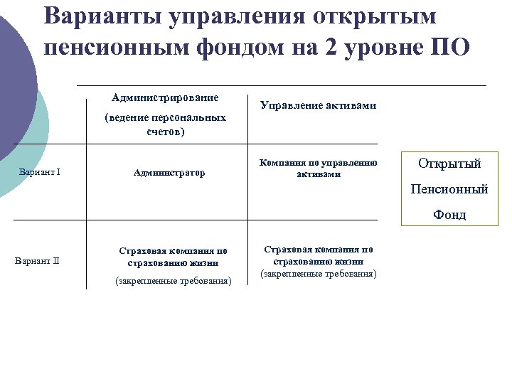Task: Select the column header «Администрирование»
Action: [x=165, y=97]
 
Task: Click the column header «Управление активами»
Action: [x=318, y=106]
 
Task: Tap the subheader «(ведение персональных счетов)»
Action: [x=165, y=124]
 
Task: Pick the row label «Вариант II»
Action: [x=37, y=260]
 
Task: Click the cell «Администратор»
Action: [x=169, y=173]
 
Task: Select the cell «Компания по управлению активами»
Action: [x=318, y=168]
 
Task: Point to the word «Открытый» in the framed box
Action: [x=449, y=164]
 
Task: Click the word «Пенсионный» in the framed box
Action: [x=449, y=189]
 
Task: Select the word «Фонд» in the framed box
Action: [x=449, y=215]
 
